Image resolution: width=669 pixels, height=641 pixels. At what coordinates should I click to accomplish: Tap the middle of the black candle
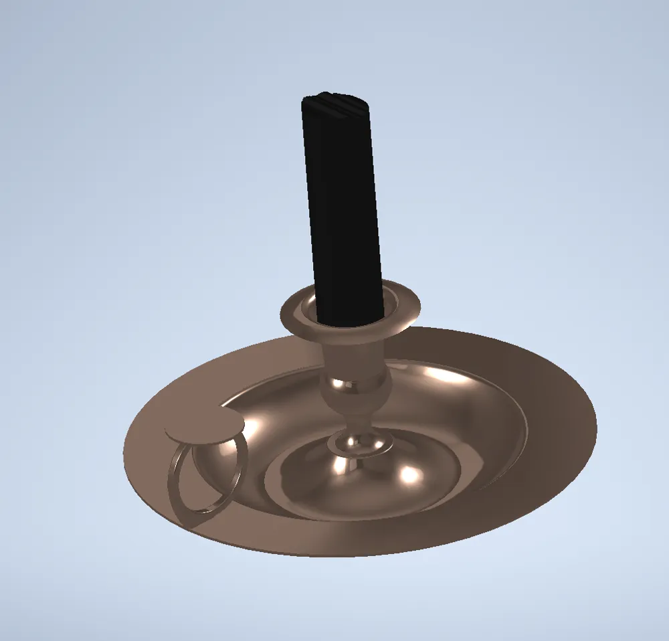pyautogui.click(x=345, y=207)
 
